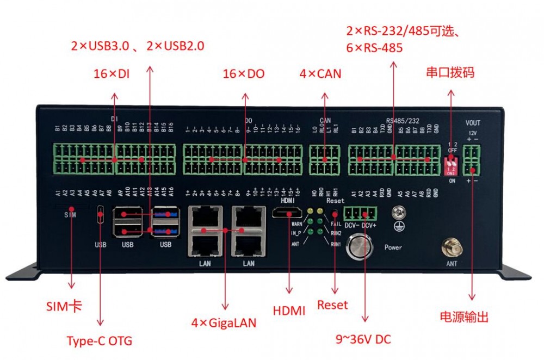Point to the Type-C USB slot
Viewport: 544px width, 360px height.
click(100, 215)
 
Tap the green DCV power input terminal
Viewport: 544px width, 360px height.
click(362, 213)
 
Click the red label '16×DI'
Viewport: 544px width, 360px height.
click(111, 75)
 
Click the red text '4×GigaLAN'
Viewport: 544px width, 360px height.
click(224, 322)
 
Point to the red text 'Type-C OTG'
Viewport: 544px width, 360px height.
click(99, 342)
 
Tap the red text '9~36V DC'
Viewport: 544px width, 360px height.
click(363, 339)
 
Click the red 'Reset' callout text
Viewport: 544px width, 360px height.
click(332, 305)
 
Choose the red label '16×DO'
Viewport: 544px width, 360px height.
click(244, 75)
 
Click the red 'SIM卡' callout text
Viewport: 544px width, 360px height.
click(69, 306)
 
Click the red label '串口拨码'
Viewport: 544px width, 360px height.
click(450, 72)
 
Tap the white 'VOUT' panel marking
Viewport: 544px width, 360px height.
click(473, 123)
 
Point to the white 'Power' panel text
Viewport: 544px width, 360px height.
click(393, 247)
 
